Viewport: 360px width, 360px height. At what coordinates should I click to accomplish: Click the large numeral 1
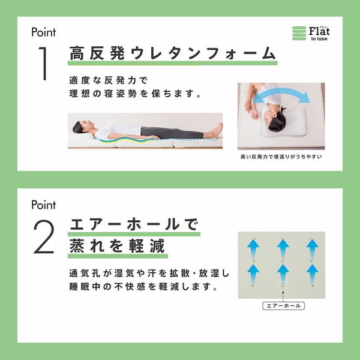coord(44,64)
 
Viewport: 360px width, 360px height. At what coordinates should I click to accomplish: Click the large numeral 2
coord(44,236)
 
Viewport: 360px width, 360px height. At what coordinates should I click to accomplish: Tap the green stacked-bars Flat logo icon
coord(299,33)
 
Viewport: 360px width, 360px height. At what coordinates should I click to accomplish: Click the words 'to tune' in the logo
coord(319,39)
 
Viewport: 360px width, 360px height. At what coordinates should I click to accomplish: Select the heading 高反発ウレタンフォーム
coord(173,53)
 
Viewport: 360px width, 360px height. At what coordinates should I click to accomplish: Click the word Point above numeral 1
coord(44,32)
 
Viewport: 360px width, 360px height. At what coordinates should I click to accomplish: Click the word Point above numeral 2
coord(44,205)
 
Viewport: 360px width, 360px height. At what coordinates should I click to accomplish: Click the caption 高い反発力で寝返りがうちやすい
coord(281,157)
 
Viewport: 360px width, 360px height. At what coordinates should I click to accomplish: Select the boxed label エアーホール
coord(284,306)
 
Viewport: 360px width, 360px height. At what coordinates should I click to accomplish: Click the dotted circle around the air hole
coord(283,286)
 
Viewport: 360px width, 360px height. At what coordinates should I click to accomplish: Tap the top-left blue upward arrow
coord(253,250)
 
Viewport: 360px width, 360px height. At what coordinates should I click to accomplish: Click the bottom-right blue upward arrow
coord(312,275)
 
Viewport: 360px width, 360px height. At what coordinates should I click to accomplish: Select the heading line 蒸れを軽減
coord(117,246)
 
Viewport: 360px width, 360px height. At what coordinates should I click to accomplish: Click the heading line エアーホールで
coord(134,224)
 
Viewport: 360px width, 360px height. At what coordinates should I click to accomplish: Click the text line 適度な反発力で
coord(108,80)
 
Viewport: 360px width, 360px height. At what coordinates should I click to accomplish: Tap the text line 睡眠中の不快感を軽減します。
coord(143,287)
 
